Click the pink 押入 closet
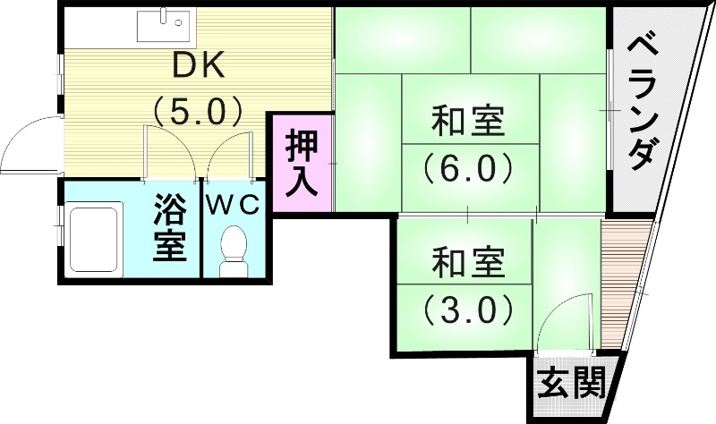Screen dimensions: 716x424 pos(302,163)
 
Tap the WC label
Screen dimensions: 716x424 pos(234,204)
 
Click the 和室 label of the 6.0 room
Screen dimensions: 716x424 pos(467,123)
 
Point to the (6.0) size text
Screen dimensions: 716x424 pos(467,167)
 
